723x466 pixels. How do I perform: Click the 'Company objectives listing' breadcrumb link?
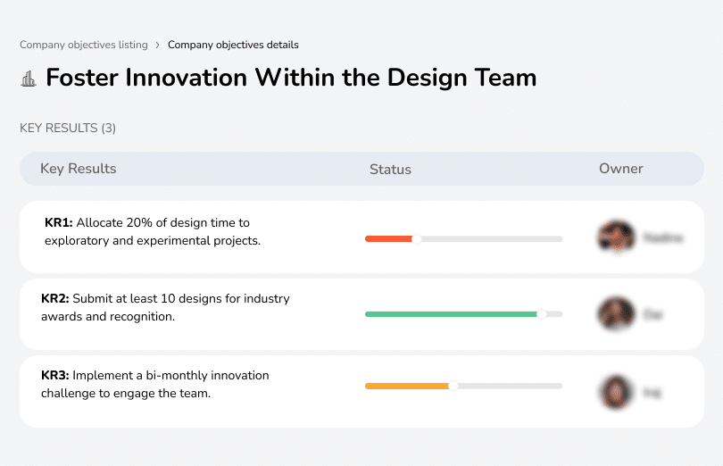point(84,45)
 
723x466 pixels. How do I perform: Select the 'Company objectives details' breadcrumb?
point(233,45)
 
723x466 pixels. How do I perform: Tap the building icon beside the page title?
point(29,79)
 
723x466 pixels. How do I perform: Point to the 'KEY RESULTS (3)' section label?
point(68,129)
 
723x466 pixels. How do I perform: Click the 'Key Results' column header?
point(78,169)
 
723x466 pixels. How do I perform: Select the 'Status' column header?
point(390,169)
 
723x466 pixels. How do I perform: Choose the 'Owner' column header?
point(620,169)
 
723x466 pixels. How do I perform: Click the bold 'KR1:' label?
point(58,223)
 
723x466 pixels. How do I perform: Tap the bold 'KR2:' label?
point(55,299)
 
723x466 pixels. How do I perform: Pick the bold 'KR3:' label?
point(55,376)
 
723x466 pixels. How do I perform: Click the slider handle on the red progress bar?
point(416,239)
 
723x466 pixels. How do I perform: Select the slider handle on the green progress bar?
point(541,314)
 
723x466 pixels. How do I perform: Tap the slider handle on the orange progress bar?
point(453,386)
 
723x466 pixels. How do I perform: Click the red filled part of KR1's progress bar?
point(388,239)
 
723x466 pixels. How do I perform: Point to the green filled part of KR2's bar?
point(450,314)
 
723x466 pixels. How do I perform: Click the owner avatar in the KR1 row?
point(616,237)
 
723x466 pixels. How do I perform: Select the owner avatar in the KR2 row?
point(616,314)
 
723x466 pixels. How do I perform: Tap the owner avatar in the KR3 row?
point(616,391)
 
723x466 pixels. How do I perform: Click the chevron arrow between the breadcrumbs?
point(158,45)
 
